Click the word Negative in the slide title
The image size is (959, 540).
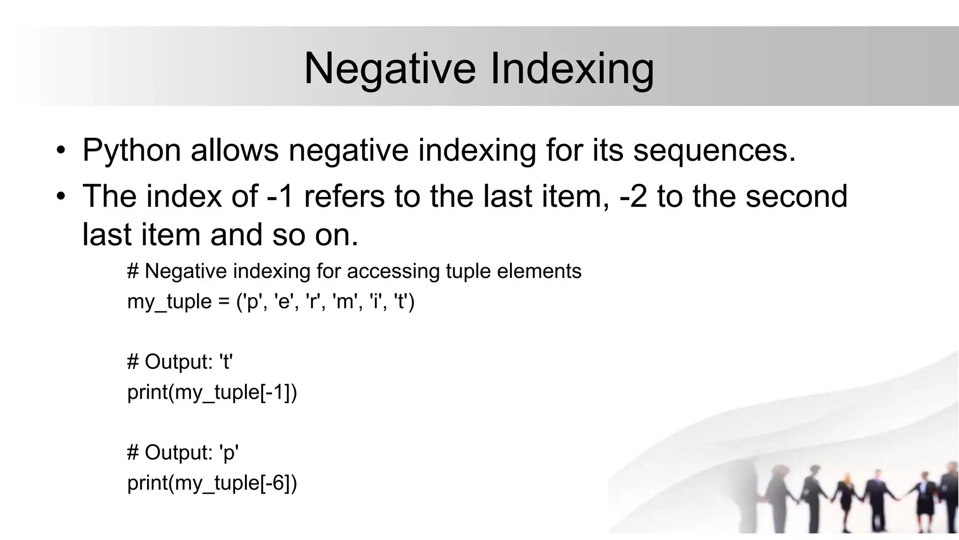(390, 68)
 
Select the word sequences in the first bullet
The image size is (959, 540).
(715, 150)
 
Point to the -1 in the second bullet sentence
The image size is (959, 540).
(280, 196)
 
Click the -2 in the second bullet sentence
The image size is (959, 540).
(633, 196)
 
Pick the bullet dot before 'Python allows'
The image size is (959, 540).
(60, 151)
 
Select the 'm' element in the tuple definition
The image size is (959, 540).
(344, 301)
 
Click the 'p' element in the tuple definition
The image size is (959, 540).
(252, 301)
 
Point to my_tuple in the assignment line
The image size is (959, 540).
(170, 301)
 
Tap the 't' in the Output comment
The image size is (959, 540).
(226, 361)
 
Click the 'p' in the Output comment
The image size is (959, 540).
(229, 452)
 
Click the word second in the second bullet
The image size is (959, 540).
(796, 196)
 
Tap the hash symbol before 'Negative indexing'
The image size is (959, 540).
(133, 271)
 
